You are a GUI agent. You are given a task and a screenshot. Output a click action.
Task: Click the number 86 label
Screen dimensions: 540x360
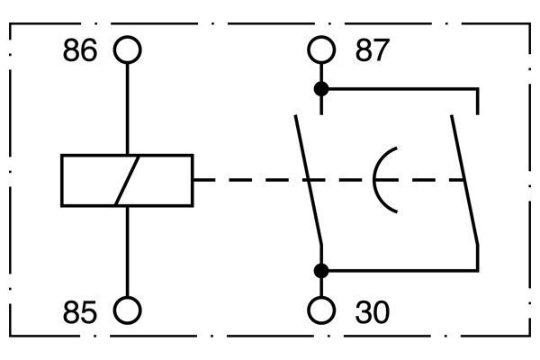(80, 50)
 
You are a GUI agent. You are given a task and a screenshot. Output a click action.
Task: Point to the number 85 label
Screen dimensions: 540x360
(80, 312)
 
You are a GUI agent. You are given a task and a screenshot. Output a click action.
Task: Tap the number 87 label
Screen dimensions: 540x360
(373, 50)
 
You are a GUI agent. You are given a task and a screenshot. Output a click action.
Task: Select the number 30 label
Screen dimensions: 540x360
(373, 312)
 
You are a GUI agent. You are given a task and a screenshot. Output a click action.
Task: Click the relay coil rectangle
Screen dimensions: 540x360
(61, 181)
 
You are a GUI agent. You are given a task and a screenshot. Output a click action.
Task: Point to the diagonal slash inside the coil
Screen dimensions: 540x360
(128, 181)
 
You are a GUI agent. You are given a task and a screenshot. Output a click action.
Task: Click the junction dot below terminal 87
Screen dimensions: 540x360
(321, 89)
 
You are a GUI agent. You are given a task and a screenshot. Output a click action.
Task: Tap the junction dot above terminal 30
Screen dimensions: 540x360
(321, 271)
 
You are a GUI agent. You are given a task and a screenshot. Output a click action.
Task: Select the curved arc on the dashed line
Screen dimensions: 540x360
(374, 180)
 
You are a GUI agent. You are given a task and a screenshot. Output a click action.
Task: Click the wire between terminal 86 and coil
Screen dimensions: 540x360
(128, 109)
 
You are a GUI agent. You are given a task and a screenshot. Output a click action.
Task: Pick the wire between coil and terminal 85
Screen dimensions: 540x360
(128, 251)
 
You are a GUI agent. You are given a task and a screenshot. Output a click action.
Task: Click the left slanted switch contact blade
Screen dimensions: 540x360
(308, 180)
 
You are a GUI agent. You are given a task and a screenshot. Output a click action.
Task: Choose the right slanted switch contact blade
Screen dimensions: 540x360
(464, 180)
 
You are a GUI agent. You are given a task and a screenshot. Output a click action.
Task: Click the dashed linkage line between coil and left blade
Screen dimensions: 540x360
(249, 180)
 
